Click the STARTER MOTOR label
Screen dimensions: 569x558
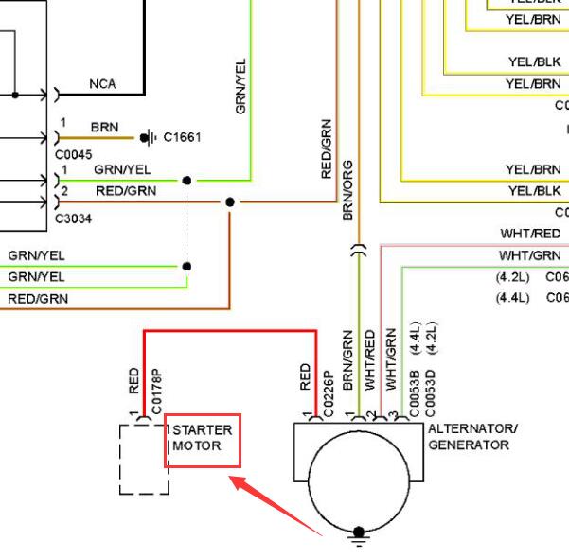[x=202, y=438]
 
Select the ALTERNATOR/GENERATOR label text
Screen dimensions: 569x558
[x=472, y=437]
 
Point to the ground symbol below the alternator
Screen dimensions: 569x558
[x=359, y=537]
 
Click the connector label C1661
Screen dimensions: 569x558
[x=182, y=137]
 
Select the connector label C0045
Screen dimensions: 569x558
[x=73, y=155]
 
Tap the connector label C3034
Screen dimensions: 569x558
[x=73, y=218]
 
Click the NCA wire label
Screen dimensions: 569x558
[x=102, y=84]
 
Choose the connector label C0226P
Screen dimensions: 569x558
[x=328, y=393]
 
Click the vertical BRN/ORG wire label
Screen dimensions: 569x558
[x=347, y=191]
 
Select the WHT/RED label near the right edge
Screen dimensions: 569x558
[x=530, y=234]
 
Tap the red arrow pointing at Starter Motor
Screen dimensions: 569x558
[x=276, y=505]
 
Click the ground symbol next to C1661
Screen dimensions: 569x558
[x=149, y=138]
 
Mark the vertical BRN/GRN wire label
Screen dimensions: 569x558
[x=347, y=360]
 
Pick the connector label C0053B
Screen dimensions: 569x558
[x=415, y=393]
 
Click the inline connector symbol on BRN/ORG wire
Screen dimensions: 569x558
[x=359, y=250]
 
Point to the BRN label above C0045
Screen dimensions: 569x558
[x=104, y=128]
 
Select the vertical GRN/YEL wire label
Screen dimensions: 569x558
[x=240, y=87]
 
